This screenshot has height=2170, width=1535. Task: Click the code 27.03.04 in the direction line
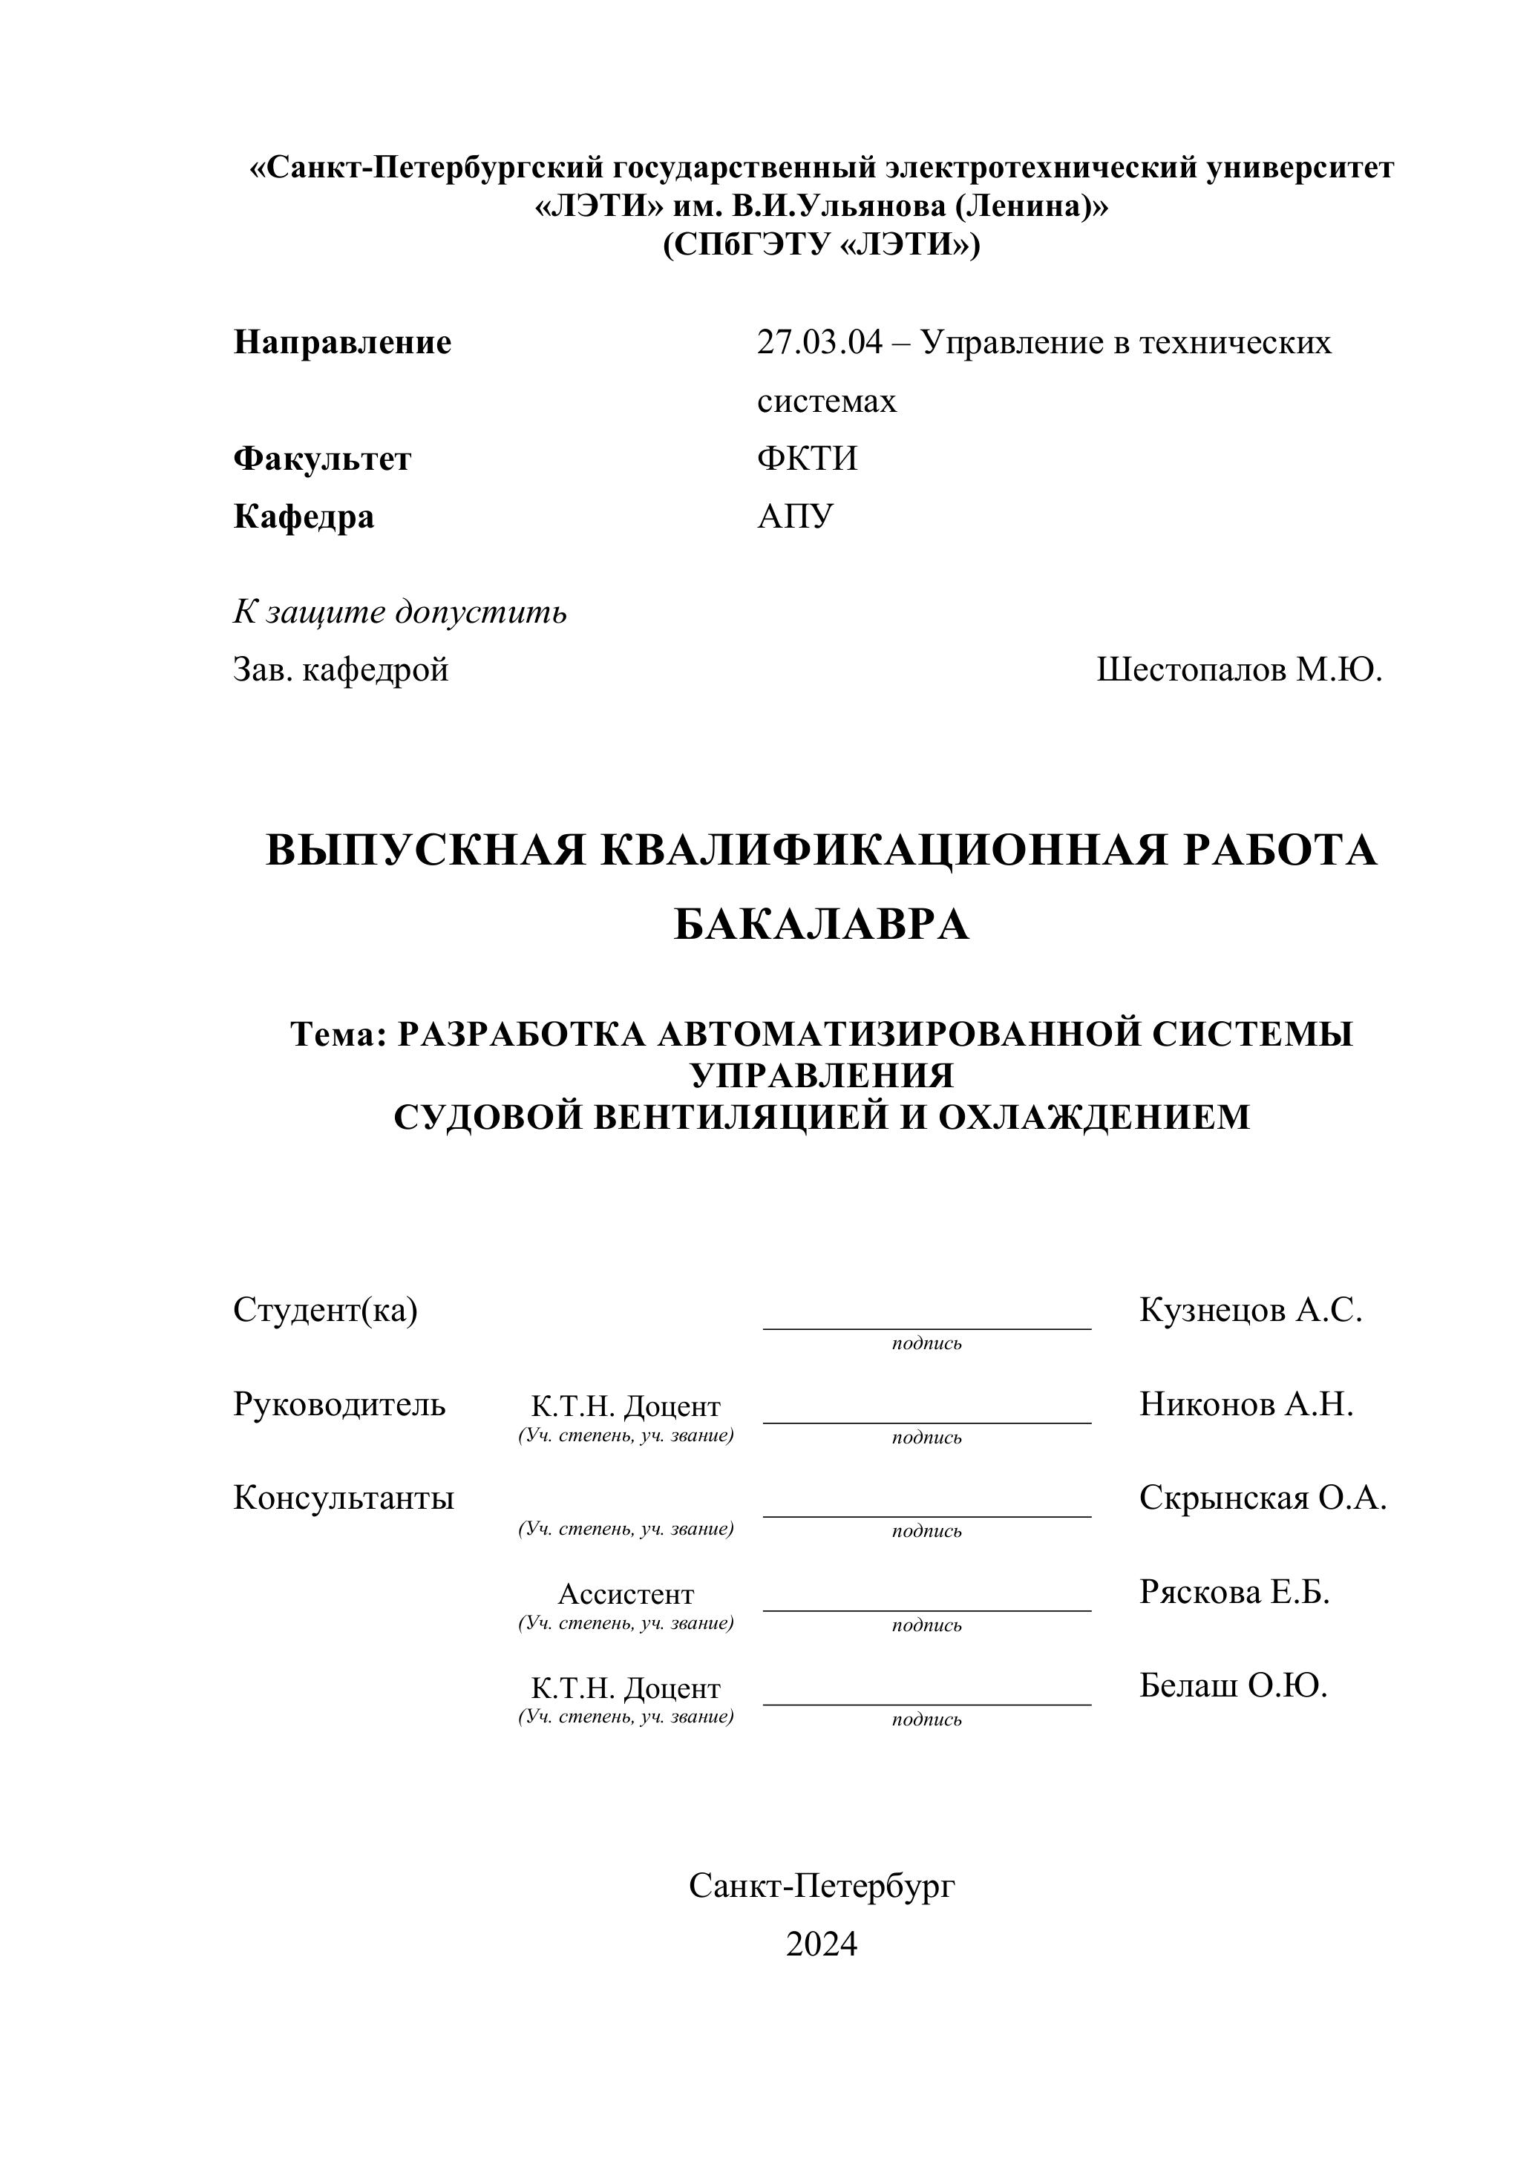819,342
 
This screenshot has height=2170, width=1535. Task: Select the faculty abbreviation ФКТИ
806,459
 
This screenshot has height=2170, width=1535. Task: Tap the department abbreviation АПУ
795,517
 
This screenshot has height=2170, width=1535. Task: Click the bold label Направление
342,342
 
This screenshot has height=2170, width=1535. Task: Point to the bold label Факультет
322,459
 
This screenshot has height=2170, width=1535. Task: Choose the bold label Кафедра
304,517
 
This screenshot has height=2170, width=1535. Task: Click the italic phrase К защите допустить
400,612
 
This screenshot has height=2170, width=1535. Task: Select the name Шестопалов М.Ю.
1239,670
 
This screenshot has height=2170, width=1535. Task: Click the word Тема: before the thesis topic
338,1034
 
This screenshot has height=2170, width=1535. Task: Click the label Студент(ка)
325,1310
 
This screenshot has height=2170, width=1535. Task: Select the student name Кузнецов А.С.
1251,1310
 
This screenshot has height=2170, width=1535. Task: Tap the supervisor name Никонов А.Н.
1246,1404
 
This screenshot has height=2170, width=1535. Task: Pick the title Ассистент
626,1594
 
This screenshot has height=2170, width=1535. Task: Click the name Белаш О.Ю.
1233,1686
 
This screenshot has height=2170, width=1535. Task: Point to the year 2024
822,1944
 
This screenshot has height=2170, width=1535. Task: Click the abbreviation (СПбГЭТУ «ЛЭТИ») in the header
822,245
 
